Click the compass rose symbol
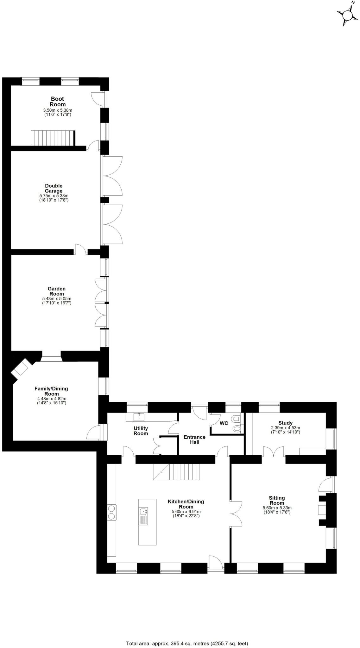[347, 14]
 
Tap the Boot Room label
[58, 102]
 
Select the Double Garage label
[54, 188]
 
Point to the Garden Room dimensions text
[57, 301]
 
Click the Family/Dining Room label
[51, 391]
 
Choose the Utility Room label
[141, 431]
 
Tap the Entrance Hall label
[194, 439]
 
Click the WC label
[224, 423]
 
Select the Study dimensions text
[285, 430]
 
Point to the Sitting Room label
[277, 500]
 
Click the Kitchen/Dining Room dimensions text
[186, 514]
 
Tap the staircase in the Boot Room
[53, 138]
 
